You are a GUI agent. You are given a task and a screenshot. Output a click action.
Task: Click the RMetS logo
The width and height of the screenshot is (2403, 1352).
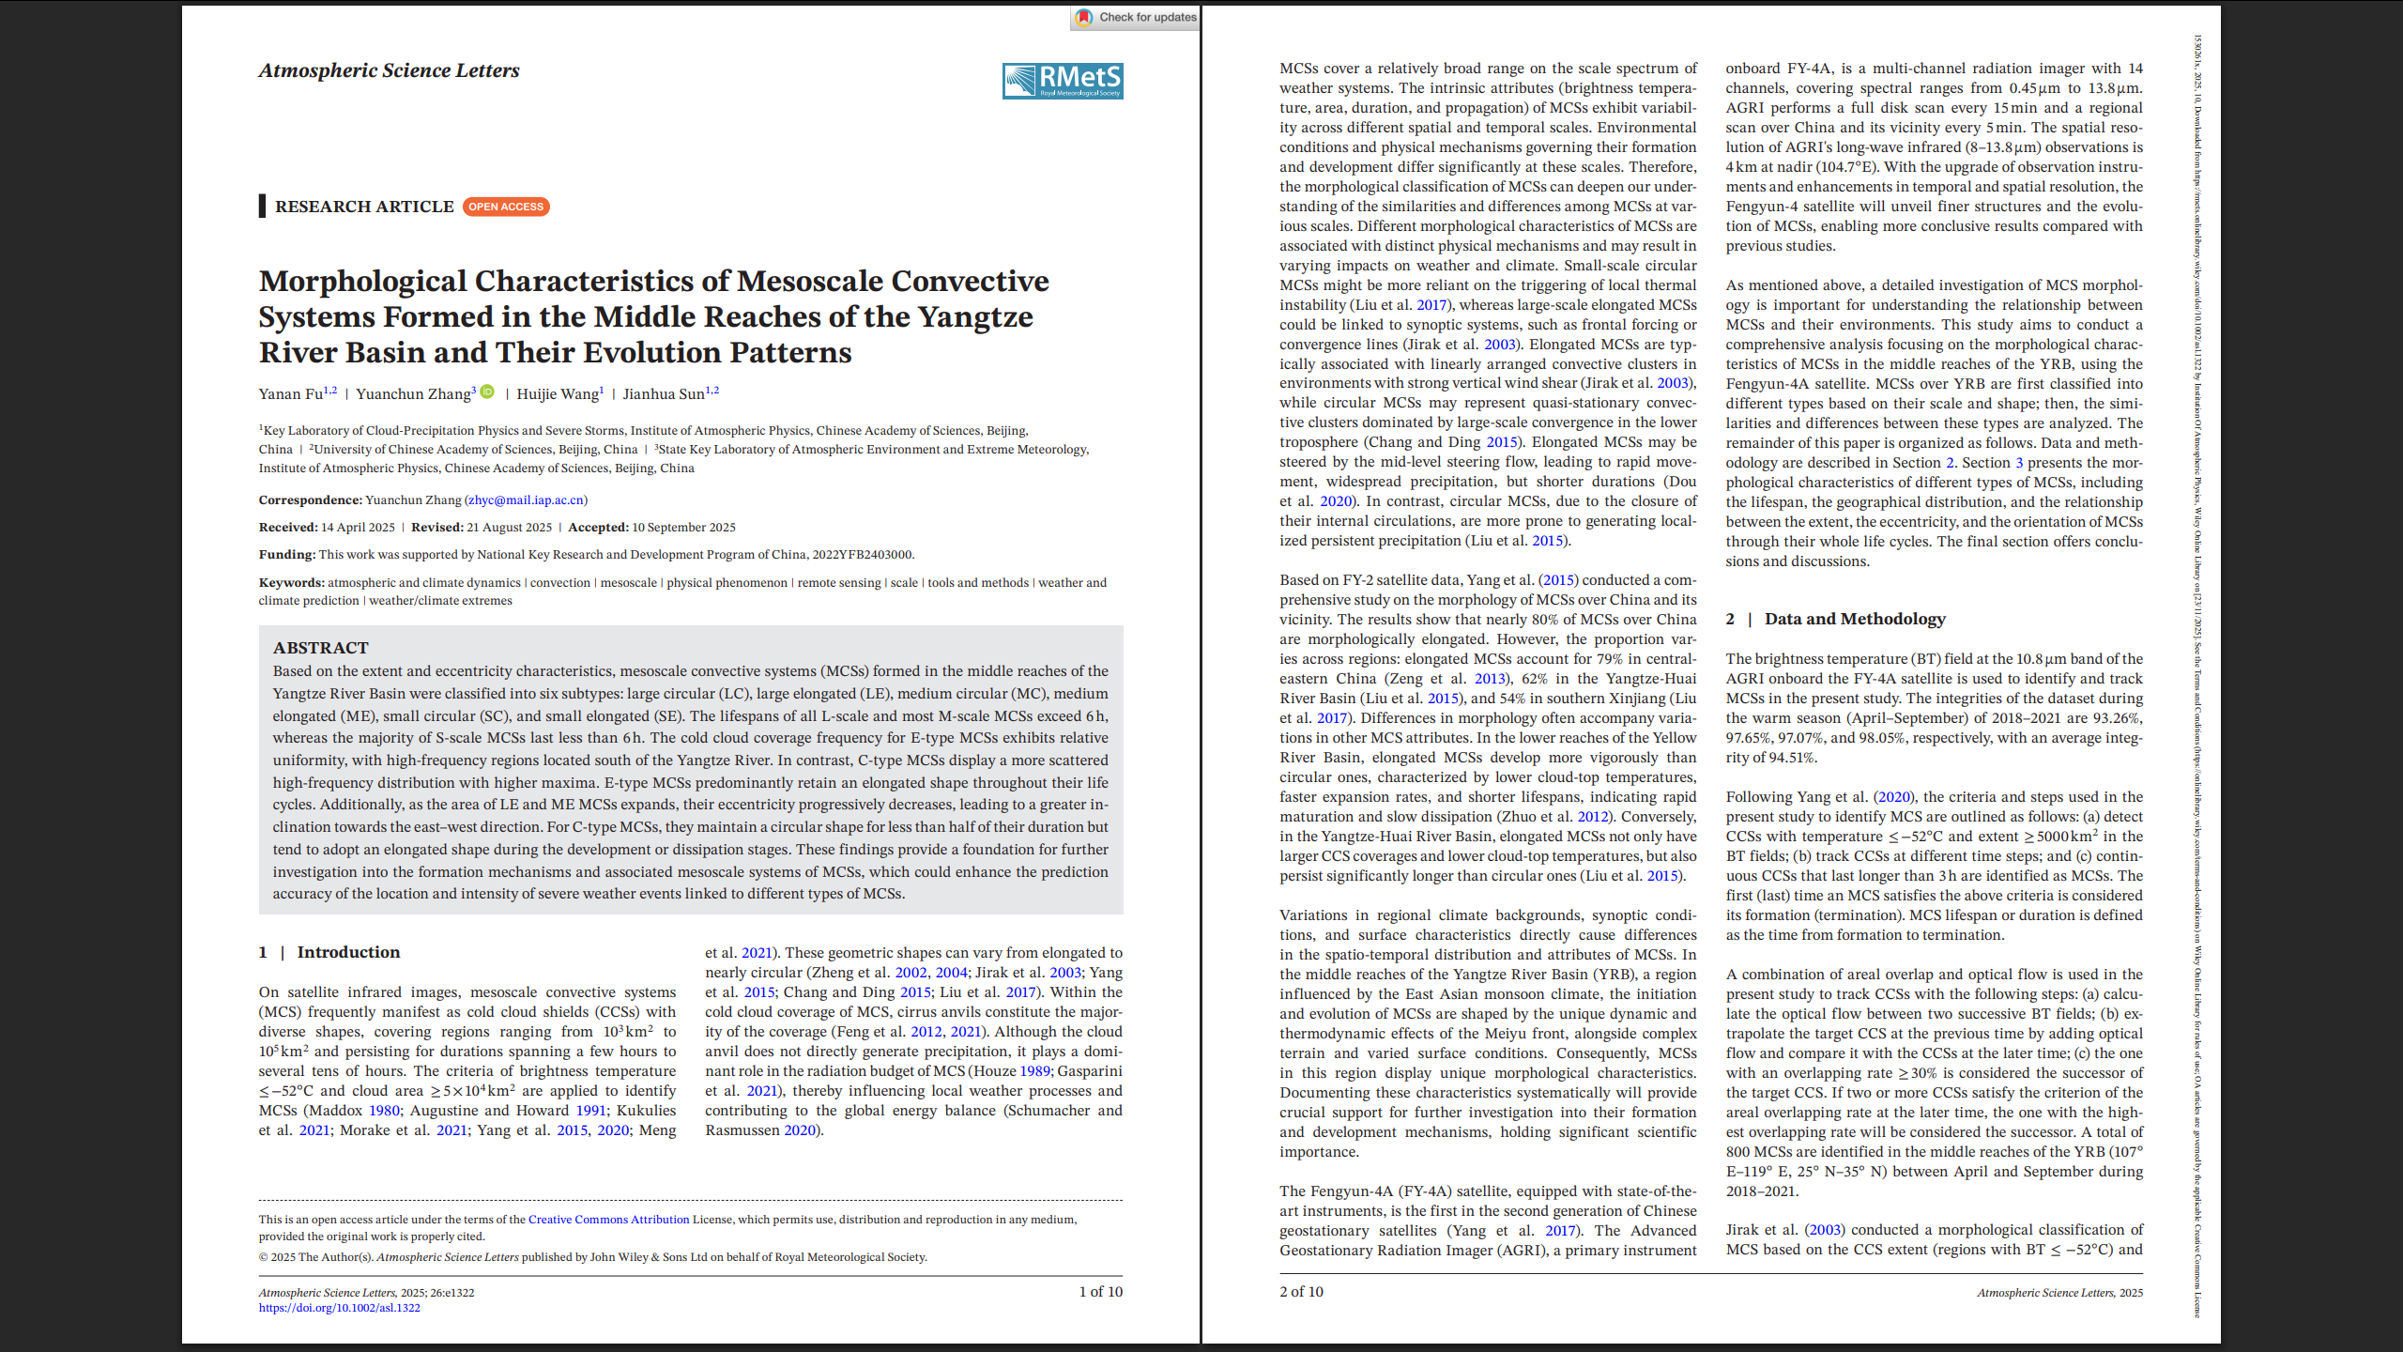coord(1063,81)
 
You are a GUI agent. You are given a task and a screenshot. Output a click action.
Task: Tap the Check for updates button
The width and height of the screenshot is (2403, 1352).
coord(1136,17)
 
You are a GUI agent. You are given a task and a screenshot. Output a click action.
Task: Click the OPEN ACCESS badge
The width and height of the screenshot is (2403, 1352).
coord(506,207)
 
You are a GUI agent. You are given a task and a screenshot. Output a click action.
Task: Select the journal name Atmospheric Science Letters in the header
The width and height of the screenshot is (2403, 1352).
coord(389,70)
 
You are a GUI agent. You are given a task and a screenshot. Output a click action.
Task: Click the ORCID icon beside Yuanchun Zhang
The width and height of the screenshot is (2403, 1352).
coord(487,392)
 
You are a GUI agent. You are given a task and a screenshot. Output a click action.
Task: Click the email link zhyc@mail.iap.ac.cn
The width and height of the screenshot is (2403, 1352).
coord(526,500)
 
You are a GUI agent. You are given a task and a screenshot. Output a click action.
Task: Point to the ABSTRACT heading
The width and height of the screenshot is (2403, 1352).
coord(320,648)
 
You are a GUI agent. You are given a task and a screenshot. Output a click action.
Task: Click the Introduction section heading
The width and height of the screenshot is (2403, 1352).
coord(347,952)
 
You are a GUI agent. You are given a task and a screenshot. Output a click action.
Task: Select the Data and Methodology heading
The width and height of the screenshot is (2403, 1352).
coord(1854,619)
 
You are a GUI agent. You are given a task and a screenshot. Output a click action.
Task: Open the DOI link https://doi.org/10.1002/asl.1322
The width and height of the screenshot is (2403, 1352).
coord(339,1308)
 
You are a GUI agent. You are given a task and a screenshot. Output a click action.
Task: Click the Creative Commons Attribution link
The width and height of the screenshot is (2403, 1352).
coord(608,1220)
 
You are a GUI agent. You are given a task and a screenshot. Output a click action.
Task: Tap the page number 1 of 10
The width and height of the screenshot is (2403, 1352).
coord(1100,1292)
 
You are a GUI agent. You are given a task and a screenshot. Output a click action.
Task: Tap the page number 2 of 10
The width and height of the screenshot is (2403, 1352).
coord(1301,1292)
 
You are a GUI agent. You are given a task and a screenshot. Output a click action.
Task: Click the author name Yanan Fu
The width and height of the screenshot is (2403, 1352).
coord(291,394)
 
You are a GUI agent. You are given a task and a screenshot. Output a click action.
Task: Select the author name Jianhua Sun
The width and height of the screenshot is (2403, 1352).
coord(663,394)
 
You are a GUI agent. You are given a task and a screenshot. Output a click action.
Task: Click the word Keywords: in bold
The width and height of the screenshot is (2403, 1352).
coord(291,583)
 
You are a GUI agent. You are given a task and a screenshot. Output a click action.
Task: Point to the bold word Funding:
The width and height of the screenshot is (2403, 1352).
coord(287,555)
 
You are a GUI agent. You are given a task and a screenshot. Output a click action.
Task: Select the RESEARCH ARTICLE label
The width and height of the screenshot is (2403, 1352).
coord(364,207)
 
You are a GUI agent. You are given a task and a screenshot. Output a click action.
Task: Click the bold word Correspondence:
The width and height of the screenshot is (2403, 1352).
coord(310,500)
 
